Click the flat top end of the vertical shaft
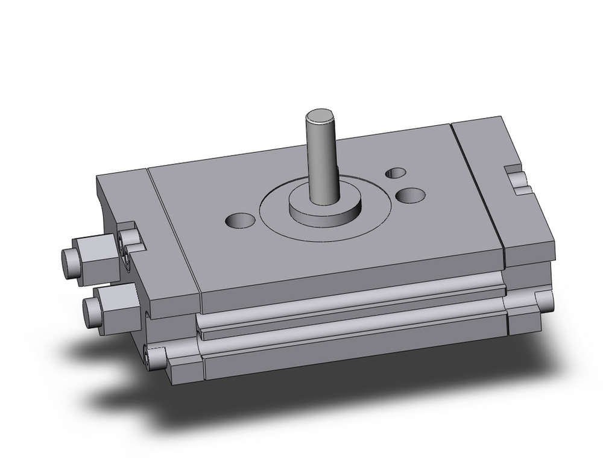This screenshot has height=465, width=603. (320, 115)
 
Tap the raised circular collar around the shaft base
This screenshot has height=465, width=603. (326, 207)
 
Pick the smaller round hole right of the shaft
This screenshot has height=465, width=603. (396, 173)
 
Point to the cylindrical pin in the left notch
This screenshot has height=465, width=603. (127, 237)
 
